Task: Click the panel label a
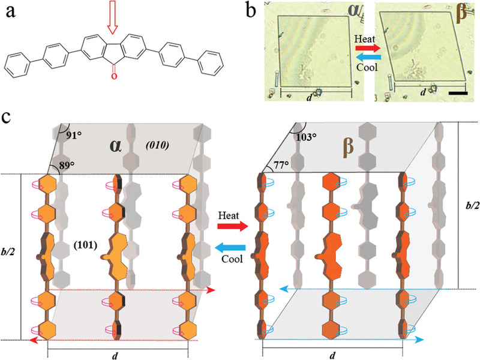(x=10, y=10)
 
